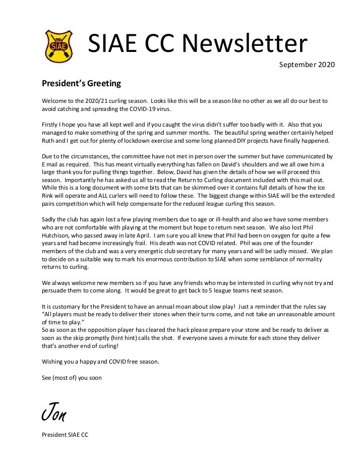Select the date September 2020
(307, 65)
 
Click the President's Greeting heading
(81, 83)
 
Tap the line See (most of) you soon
(72, 377)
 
